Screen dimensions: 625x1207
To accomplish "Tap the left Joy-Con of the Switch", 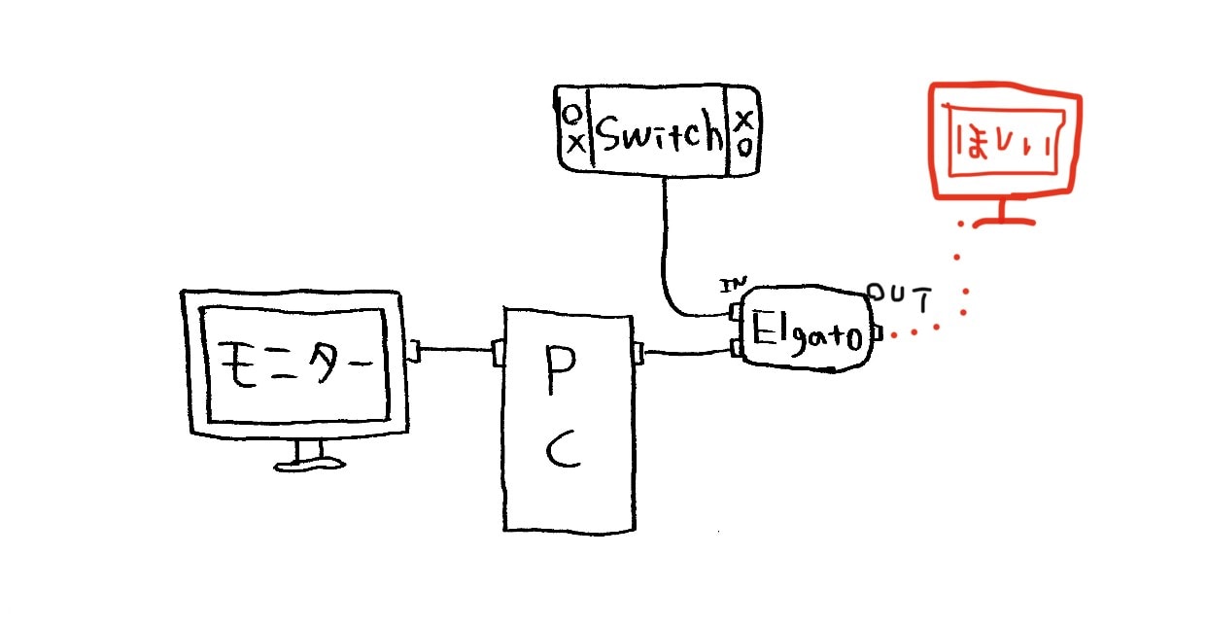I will [x=574, y=130].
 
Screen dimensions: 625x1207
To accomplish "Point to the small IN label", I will [x=731, y=285].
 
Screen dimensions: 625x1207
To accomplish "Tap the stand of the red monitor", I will [x=1003, y=211].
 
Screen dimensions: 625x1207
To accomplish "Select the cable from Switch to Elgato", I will [x=667, y=253].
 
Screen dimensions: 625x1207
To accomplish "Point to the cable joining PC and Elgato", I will [x=686, y=352].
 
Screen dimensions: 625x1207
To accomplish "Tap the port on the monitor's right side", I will [x=413, y=350].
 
